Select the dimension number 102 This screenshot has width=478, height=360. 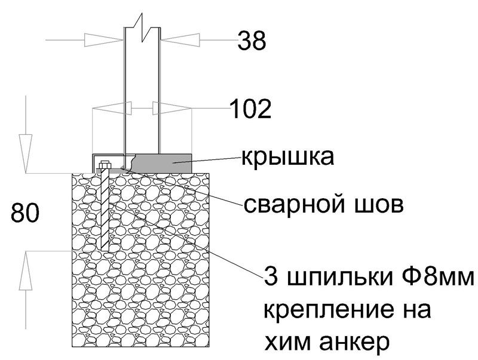click(x=252, y=109)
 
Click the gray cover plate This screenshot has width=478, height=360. click(x=161, y=161)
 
